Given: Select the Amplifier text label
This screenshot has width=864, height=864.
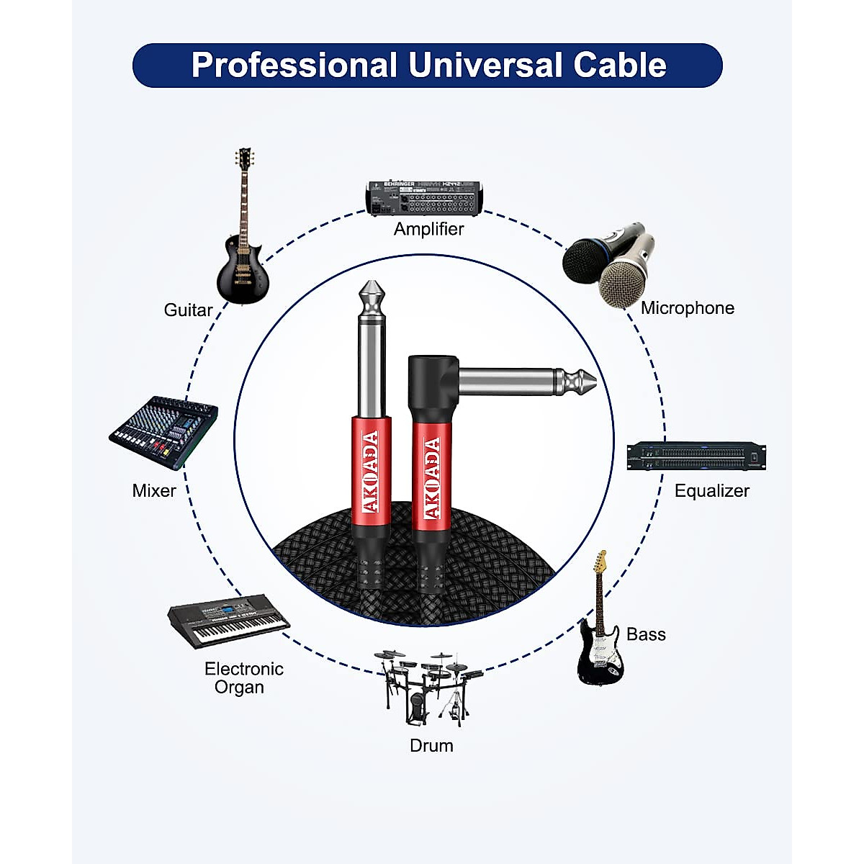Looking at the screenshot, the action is pos(428,229).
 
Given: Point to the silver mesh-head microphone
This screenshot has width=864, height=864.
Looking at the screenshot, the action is pos(625,270).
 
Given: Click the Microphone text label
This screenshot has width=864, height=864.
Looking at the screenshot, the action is pos(688,308).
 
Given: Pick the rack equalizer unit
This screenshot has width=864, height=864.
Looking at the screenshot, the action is pos(696,456).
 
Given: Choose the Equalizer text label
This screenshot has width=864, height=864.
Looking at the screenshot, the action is pos(711,491).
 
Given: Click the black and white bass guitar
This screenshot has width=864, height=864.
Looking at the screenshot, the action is pos(600,634).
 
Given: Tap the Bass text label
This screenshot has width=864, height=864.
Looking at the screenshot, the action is pos(646,634).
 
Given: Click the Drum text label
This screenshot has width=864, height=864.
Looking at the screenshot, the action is pos(431,746).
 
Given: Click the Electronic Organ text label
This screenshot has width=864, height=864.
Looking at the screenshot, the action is pos(243,678).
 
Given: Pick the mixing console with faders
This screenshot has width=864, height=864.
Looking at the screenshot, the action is pos(164,432).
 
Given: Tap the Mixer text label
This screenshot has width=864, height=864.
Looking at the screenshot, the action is pos(154,491).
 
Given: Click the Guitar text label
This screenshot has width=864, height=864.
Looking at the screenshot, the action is pos(188,310).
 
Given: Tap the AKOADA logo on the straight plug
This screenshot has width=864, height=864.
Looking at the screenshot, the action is pos(372,472).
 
